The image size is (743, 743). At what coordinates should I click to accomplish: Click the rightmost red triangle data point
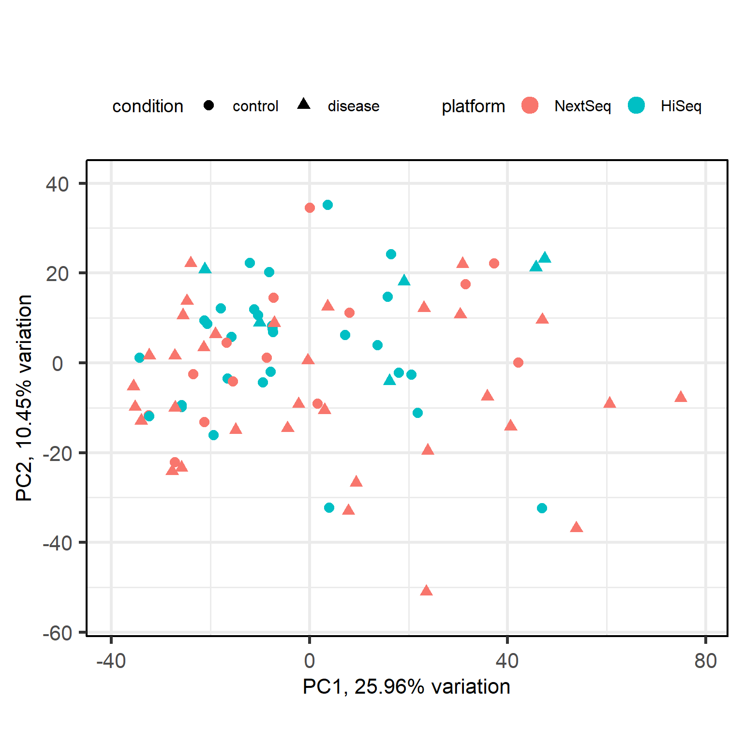coord(681,397)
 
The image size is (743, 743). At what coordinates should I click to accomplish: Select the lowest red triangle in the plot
coord(426,591)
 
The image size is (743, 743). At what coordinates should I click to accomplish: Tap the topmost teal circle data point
coord(327,205)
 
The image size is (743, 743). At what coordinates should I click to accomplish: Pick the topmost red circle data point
coord(310,208)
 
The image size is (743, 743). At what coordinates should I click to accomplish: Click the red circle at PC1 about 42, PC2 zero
coord(518,362)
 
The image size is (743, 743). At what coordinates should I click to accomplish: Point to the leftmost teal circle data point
coord(139,357)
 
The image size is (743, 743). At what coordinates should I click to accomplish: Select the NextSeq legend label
coord(582,106)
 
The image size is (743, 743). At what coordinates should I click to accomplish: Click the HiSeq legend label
coord(681,106)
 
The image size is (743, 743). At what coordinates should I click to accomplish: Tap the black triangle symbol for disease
coord(304,104)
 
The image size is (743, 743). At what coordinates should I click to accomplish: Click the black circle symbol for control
coord(208,105)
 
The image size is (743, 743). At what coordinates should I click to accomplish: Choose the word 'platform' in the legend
coord(473,106)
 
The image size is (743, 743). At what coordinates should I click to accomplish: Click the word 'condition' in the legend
coord(148,106)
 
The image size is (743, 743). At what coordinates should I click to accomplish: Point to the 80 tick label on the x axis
coord(705,660)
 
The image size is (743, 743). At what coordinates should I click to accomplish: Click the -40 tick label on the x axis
coord(111,660)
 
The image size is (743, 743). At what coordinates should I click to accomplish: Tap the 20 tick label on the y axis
coord(57,274)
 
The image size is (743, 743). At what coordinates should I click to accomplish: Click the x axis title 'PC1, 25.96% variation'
coord(406,686)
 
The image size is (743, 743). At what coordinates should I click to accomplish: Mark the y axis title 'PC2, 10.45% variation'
coord(24,398)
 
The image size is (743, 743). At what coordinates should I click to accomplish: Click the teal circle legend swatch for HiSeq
coord(637,105)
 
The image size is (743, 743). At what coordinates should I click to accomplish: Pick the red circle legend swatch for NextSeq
coord(530,105)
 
